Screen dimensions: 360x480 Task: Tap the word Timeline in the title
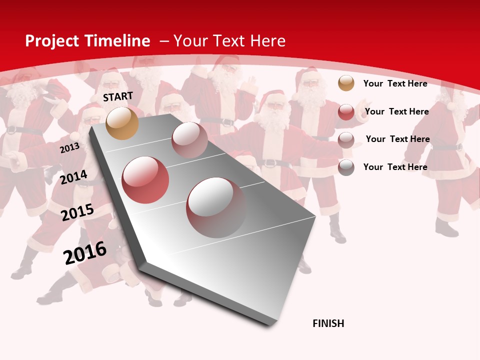[x=117, y=41]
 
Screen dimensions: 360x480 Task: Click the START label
[x=118, y=96]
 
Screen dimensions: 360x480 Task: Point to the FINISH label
[x=328, y=323]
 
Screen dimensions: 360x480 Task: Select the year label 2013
[x=70, y=148]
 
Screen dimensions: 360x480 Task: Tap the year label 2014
[x=74, y=177]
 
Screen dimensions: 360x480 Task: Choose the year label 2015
[x=77, y=212]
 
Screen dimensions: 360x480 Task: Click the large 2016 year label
[x=85, y=253]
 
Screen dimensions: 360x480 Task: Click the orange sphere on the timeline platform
[x=122, y=123]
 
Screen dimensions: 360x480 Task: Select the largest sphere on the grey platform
[x=216, y=207]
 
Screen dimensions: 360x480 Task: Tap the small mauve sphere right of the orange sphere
[x=189, y=139]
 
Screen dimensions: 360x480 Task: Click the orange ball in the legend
[x=346, y=83]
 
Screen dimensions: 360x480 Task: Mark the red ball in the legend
[x=346, y=112]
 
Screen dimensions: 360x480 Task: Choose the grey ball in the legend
[x=346, y=167]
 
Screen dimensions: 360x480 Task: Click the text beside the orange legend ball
[x=395, y=83]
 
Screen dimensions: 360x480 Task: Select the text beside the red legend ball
[x=396, y=111]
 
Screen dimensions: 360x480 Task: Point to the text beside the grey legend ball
[x=395, y=167]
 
